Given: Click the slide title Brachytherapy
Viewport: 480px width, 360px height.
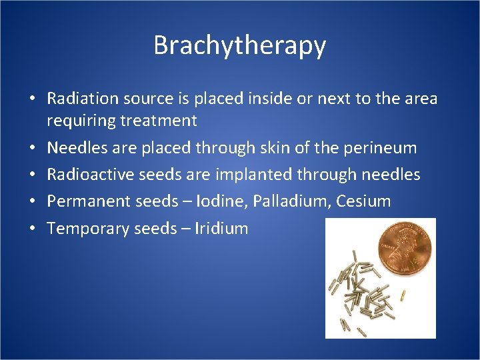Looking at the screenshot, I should click(239, 45).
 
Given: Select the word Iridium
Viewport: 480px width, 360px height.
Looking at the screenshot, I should click(221, 229).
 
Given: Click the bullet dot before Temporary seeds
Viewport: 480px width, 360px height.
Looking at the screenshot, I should click(33, 229).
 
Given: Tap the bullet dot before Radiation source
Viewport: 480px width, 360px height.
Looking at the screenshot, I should click(33, 99).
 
